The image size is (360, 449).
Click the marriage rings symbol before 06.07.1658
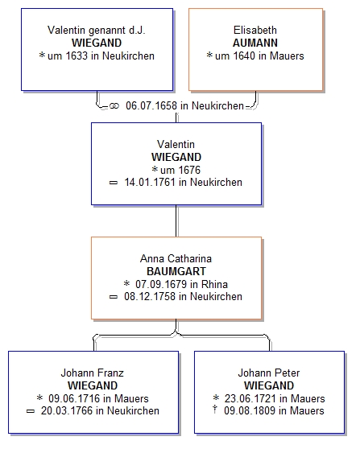pyautogui.click(x=114, y=106)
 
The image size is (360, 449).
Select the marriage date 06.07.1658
pyautogui.click(x=151, y=105)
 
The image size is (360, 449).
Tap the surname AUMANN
pyautogui.click(x=255, y=43)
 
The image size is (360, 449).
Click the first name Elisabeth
pyautogui.click(x=255, y=30)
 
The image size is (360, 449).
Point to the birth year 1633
pyautogui.click(x=77, y=56)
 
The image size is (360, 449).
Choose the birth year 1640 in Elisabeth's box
pyautogui.click(x=244, y=56)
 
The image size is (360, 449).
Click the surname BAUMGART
pyautogui.click(x=176, y=271)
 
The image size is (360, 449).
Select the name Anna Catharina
pyautogui.click(x=176, y=258)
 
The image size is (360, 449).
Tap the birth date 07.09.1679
pyautogui.click(x=161, y=284)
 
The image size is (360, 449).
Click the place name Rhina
pyautogui.click(x=215, y=284)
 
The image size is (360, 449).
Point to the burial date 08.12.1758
pyautogui.click(x=150, y=296)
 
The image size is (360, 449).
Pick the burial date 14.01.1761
pyautogui.click(x=150, y=182)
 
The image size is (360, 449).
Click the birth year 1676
pyautogui.click(x=189, y=170)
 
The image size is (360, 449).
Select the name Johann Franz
pyautogui.click(x=93, y=373)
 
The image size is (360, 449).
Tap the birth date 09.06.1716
pyautogui.click(x=74, y=398)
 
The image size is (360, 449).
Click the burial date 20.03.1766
pyautogui.click(x=67, y=410)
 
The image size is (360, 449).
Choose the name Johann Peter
pyautogui.click(x=269, y=373)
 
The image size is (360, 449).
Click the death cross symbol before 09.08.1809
pyautogui.click(x=215, y=410)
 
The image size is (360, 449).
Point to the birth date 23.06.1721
pyautogui.click(x=250, y=398)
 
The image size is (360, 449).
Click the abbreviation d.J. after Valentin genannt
pyautogui.click(x=137, y=30)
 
